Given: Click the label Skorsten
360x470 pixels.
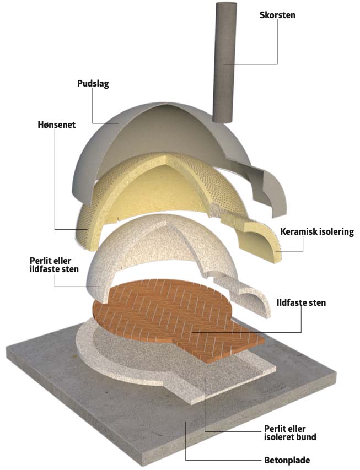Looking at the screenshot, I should click(x=277, y=15).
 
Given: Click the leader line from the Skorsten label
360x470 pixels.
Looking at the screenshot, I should click(x=259, y=64).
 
